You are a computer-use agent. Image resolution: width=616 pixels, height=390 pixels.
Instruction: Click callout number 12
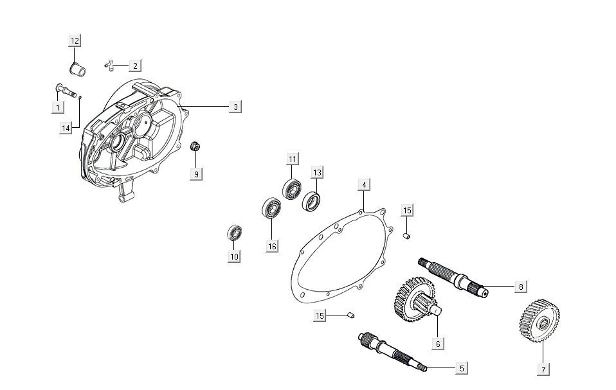[75, 41]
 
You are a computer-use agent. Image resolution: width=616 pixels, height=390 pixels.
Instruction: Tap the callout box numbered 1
[58, 107]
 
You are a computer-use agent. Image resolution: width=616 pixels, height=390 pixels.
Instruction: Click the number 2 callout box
[134, 66]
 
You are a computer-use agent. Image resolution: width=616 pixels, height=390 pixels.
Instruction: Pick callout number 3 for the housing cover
[235, 107]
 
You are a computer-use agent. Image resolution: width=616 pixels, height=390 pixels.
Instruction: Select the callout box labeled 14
[66, 129]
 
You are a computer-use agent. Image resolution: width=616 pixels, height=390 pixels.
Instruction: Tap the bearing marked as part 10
[234, 233]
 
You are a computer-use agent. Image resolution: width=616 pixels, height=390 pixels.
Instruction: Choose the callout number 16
[273, 246]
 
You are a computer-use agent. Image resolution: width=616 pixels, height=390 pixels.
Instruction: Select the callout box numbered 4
[364, 185]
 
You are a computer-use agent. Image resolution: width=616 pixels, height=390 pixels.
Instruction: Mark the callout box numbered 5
[460, 368]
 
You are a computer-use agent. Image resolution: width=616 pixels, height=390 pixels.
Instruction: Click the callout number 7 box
[543, 369]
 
